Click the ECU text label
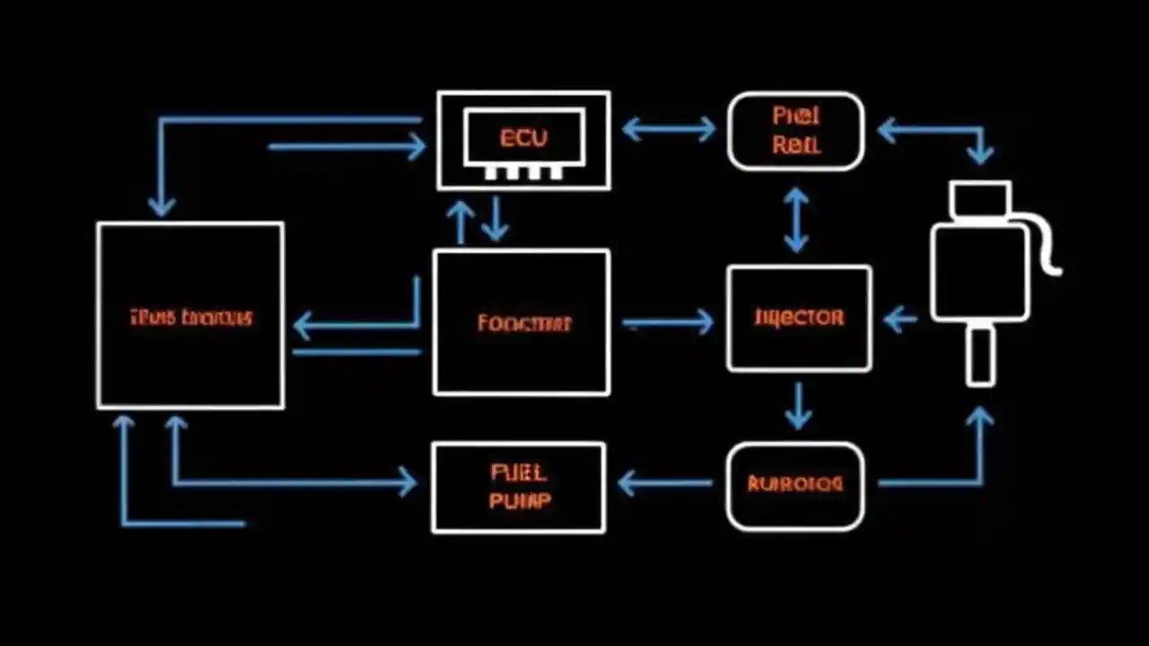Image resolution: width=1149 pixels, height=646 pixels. click(x=523, y=138)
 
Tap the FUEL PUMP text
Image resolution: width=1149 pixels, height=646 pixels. click(x=520, y=486)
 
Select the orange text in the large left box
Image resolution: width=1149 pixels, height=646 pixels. click(x=190, y=317)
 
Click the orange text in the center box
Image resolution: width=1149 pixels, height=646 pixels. click(x=523, y=323)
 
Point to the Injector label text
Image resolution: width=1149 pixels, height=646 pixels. click(x=799, y=318)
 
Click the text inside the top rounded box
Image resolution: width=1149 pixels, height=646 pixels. click(x=795, y=130)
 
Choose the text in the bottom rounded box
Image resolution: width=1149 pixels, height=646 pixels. click(x=795, y=484)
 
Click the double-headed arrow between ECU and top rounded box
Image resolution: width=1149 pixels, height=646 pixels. click(x=669, y=129)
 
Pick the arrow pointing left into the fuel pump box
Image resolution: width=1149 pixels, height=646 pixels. click(x=665, y=484)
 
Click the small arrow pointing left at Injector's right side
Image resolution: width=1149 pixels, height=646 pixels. click(x=900, y=319)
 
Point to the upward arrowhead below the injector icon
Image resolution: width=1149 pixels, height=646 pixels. click(x=980, y=418)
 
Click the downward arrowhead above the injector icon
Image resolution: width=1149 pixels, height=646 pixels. click(x=980, y=154)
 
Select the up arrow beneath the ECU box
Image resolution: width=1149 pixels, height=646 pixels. click(x=460, y=221)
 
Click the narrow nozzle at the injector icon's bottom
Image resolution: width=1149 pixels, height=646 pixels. click(x=980, y=356)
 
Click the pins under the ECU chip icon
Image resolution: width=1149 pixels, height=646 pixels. click(x=523, y=172)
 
